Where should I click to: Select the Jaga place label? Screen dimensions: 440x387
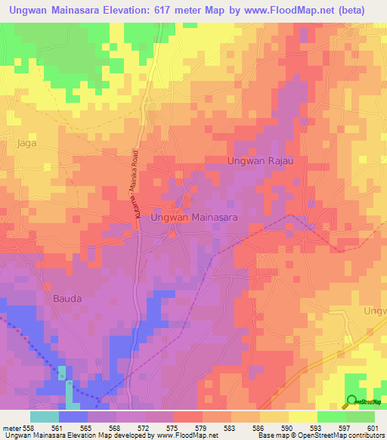click(26, 141)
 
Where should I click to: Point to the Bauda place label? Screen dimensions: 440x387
click(67, 298)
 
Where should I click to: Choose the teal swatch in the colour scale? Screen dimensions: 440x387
click(45, 417)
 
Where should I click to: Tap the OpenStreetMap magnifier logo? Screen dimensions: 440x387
click(352, 401)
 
